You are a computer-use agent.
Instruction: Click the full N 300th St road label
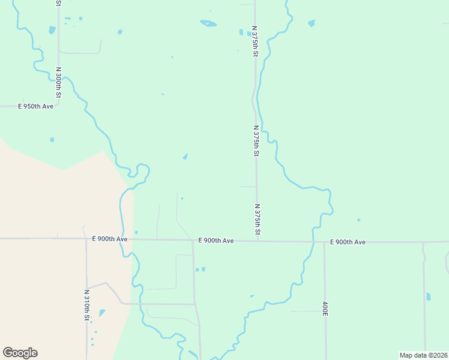[x=58, y=82]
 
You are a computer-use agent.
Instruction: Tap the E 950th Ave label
[x=35, y=106]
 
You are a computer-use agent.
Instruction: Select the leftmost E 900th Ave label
[x=110, y=239]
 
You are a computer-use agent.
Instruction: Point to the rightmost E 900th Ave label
[x=348, y=242]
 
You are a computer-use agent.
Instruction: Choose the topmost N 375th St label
[x=255, y=41]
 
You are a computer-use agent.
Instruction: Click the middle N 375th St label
[x=256, y=141]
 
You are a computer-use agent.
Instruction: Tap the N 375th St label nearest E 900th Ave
[x=258, y=220]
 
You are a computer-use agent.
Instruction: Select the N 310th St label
[x=86, y=304]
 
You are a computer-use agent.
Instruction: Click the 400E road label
[x=325, y=309]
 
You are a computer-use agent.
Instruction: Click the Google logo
[x=20, y=353]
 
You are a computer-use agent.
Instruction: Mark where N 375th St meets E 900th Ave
[x=258, y=241]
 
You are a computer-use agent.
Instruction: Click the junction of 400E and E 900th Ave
[x=325, y=242]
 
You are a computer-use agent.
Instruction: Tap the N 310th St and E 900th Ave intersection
[x=86, y=239]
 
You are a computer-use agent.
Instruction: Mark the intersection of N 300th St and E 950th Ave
[x=58, y=106]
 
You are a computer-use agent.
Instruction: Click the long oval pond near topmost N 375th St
[x=208, y=23]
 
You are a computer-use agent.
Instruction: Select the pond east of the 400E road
[x=428, y=296]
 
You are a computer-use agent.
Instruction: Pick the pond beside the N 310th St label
[x=102, y=313]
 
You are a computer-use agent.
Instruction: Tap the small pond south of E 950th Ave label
[x=52, y=140]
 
